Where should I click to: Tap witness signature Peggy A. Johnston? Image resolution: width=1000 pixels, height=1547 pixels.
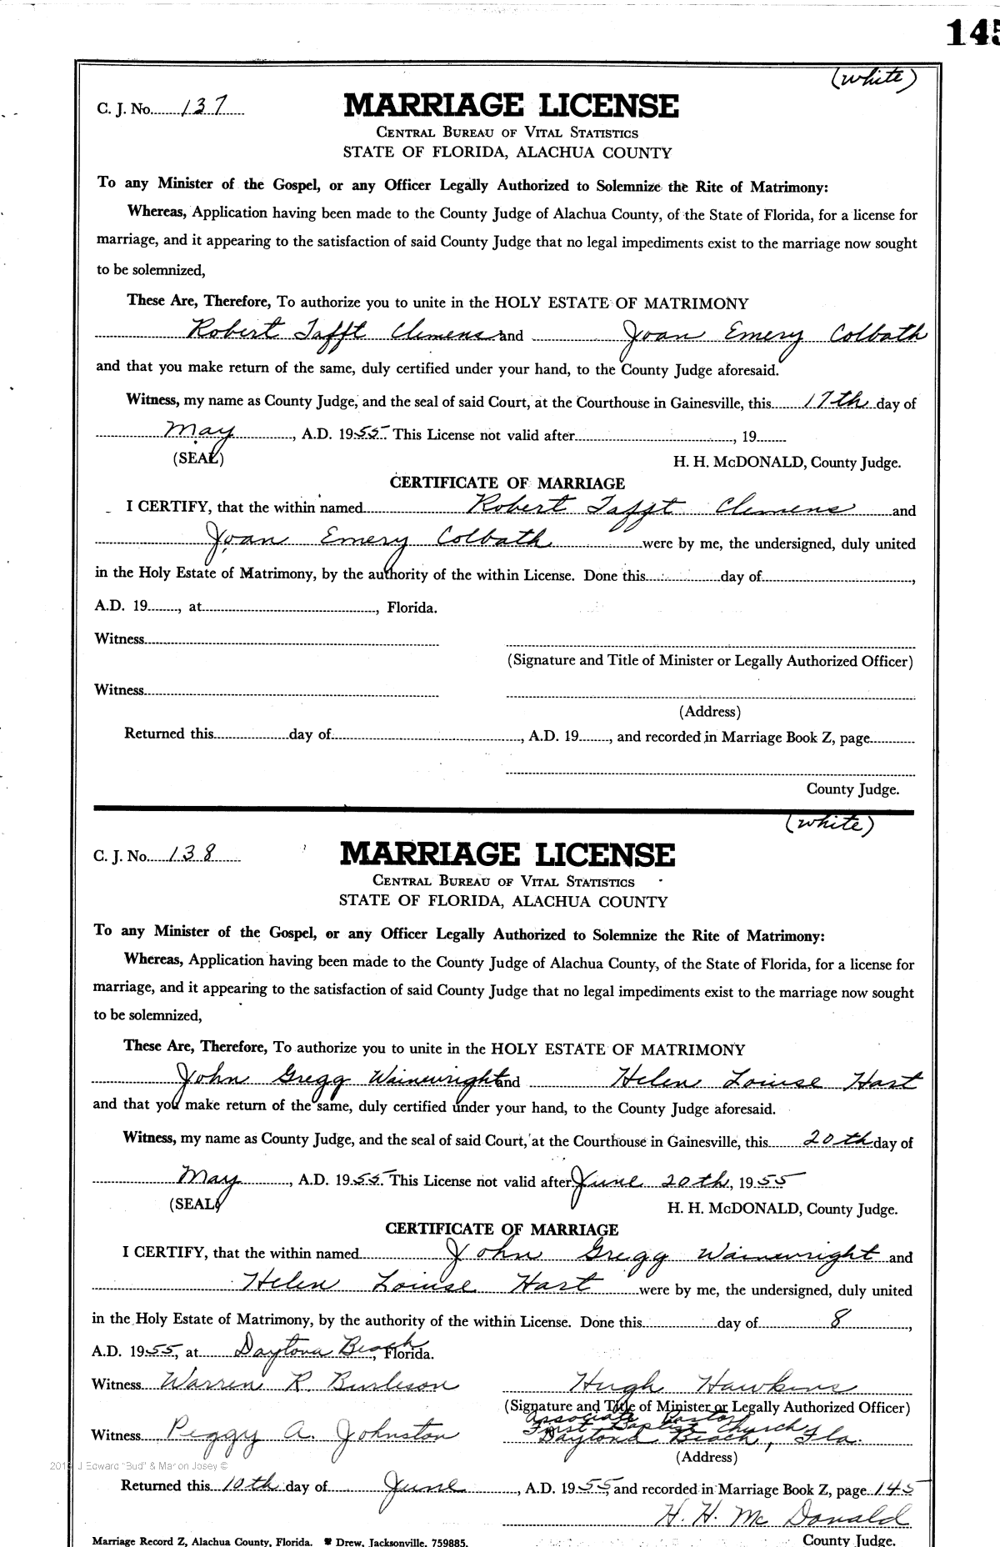[x=304, y=1434]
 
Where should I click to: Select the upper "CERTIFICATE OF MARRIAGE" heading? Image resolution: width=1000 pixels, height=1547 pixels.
[x=507, y=483]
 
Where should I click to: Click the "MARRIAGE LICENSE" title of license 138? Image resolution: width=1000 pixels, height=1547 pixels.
[x=507, y=854]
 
